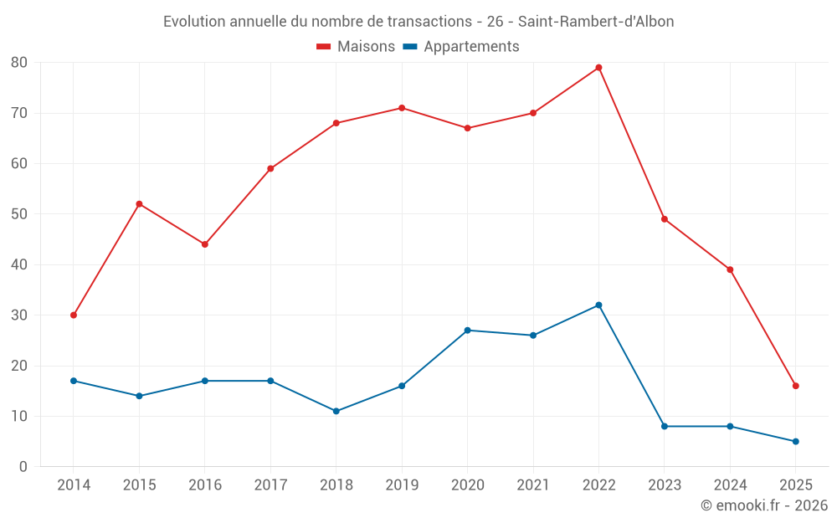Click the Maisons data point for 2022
(x=598, y=68)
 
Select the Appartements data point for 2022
(x=598, y=305)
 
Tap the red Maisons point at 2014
(x=74, y=315)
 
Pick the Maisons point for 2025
(x=796, y=386)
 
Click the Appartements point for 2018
(x=336, y=411)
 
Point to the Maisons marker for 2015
(x=139, y=204)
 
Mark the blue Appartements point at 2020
(x=467, y=331)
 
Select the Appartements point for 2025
(x=796, y=442)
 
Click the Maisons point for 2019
(x=402, y=108)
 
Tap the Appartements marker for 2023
(x=665, y=427)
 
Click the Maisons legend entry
(x=356, y=47)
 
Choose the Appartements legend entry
(x=461, y=47)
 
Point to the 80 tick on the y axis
(x=19, y=63)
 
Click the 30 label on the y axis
(x=19, y=315)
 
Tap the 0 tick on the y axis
(x=23, y=467)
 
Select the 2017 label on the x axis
(x=270, y=485)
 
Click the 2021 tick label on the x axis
(x=533, y=485)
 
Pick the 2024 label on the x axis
(x=730, y=485)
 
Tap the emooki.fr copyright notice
(x=763, y=505)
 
